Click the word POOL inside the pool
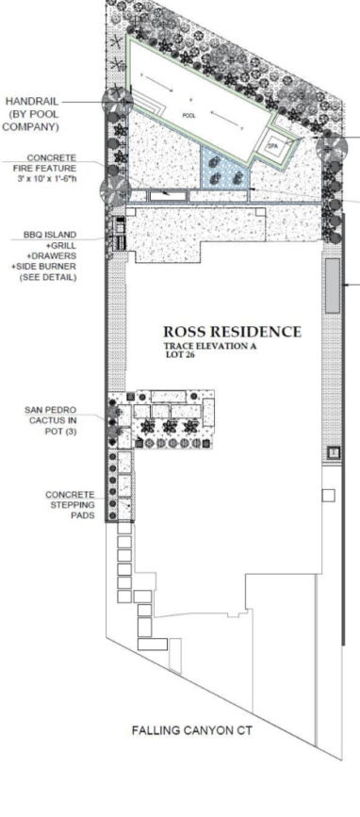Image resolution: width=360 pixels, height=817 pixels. (x=188, y=115)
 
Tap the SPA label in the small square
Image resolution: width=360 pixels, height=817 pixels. (x=273, y=146)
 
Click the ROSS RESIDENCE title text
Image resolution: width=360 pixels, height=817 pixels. (x=233, y=332)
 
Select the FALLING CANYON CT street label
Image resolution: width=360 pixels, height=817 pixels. (x=191, y=730)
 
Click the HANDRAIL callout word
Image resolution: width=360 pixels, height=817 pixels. (x=31, y=102)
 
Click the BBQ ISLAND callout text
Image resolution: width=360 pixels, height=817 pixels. (x=50, y=235)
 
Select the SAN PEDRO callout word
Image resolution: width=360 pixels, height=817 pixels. (x=50, y=410)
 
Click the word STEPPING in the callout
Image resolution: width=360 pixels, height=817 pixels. (x=72, y=505)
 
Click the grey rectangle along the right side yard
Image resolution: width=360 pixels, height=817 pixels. (x=332, y=286)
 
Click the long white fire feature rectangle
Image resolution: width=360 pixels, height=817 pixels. (x=168, y=195)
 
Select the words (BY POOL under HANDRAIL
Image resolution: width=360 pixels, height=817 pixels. (x=33, y=114)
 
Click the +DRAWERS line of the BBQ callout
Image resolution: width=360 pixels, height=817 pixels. (x=52, y=255)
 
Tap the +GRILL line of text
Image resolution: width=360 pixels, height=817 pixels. (x=59, y=245)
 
